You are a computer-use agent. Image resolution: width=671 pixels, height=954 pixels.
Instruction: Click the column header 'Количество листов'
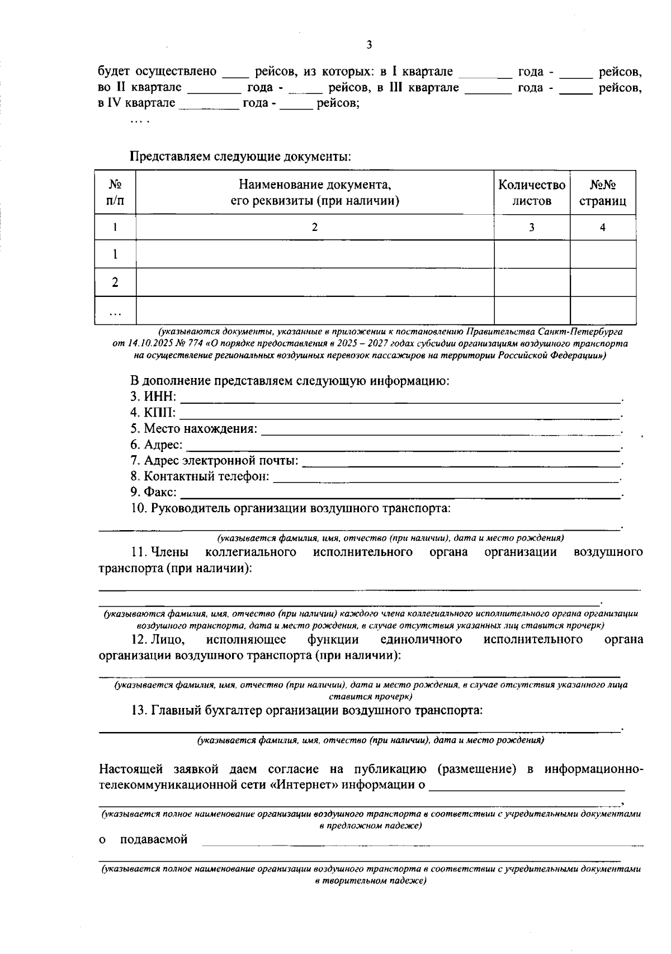pos(531,192)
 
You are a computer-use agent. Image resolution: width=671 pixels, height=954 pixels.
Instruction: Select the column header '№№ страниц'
pos(602,192)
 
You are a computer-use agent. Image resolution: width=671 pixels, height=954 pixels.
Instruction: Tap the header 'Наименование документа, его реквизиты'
pos(315,192)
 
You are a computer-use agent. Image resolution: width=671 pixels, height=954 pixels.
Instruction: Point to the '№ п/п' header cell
pos(115,192)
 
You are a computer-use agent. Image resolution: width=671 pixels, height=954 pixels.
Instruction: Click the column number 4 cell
pos(602,227)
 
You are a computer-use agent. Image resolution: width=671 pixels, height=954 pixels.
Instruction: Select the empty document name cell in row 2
pos(315,282)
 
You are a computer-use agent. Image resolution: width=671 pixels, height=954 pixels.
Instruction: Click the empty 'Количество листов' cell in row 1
pos(531,254)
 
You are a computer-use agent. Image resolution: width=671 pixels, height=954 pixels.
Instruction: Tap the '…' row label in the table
pos(115,311)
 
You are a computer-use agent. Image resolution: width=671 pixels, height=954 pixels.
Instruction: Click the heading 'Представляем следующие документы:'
pos(240,157)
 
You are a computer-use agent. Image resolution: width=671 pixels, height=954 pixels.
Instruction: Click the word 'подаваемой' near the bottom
pos(154,839)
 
